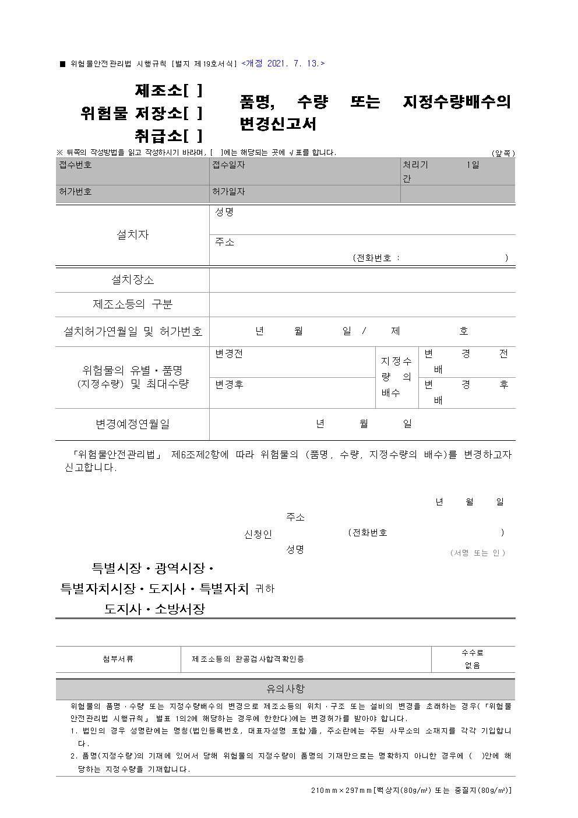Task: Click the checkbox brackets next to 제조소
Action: (x=193, y=90)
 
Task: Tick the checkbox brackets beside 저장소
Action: (x=193, y=113)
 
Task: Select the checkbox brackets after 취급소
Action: (x=193, y=136)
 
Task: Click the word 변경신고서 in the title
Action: (x=278, y=124)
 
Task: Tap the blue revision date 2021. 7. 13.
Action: (x=283, y=64)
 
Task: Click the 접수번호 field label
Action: (x=75, y=165)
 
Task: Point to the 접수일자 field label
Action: (x=228, y=165)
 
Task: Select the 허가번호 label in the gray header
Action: (x=75, y=192)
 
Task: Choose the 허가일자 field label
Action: (x=228, y=192)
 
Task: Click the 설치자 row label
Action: (x=133, y=234)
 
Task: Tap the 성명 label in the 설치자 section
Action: (x=224, y=212)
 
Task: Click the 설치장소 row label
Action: (x=133, y=280)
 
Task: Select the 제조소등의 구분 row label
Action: (x=133, y=304)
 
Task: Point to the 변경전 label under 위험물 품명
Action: (x=229, y=354)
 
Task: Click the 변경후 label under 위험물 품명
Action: (x=229, y=385)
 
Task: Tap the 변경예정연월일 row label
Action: (x=133, y=424)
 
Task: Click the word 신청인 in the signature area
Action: (x=258, y=534)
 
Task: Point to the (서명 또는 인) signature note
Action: (x=478, y=553)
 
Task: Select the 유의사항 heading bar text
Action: (x=286, y=689)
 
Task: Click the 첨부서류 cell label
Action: (x=118, y=659)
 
